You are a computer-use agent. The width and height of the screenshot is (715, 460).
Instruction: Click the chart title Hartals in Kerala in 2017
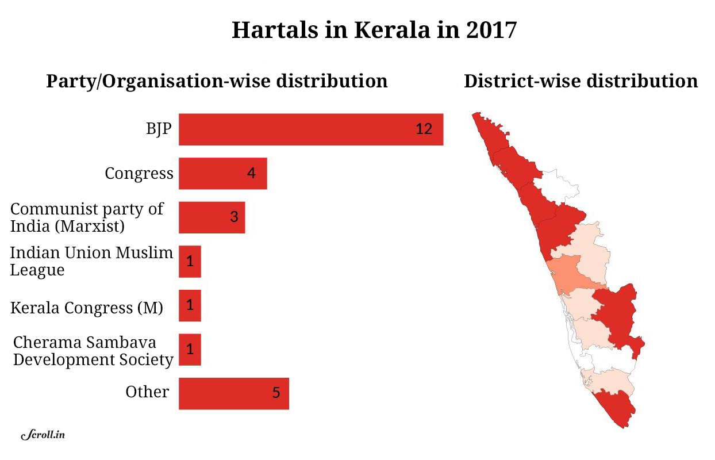pyautogui.click(x=374, y=30)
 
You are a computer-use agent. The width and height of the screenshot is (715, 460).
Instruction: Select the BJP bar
pyautogui.click(x=310, y=129)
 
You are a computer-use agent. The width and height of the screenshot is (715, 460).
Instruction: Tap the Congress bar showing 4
pyautogui.click(x=222, y=173)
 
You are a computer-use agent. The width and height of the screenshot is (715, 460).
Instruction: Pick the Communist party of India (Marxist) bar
pyautogui.click(x=212, y=217)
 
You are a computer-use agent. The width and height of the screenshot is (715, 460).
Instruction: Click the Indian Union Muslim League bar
pyautogui.click(x=190, y=262)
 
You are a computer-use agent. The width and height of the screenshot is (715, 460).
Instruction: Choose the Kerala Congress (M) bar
pyautogui.click(x=190, y=305)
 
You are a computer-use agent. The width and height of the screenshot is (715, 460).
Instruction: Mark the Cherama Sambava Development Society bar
pyautogui.click(x=190, y=350)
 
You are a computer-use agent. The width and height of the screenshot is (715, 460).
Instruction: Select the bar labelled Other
pyautogui.click(x=233, y=393)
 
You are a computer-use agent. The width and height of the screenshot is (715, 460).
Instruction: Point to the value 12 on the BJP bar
pyautogui.click(x=424, y=129)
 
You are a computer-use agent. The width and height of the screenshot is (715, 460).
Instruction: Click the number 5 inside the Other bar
pyautogui.click(x=276, y=394)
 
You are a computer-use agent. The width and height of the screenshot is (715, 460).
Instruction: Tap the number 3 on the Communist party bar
pyautogui.click(x=234, y=217)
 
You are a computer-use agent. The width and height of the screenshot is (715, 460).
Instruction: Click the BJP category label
pyautogui.click(x=158, y=128)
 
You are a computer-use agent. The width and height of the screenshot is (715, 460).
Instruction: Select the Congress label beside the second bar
pyautogui.click(x=139, y=173)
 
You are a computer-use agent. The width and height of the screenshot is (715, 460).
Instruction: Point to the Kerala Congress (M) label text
pyautogui.click(x=87, y=308)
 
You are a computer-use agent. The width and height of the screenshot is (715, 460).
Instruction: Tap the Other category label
pyautogui.click(x=147, y=392)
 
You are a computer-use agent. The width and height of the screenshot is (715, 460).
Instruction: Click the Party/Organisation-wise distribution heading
pyautogui.click(x=217, y=81)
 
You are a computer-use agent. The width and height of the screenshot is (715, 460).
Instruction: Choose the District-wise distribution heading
pyautogui.click(x=581, y=81)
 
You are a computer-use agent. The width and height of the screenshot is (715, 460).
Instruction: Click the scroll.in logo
pyautogui.click(x=43, y=435)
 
